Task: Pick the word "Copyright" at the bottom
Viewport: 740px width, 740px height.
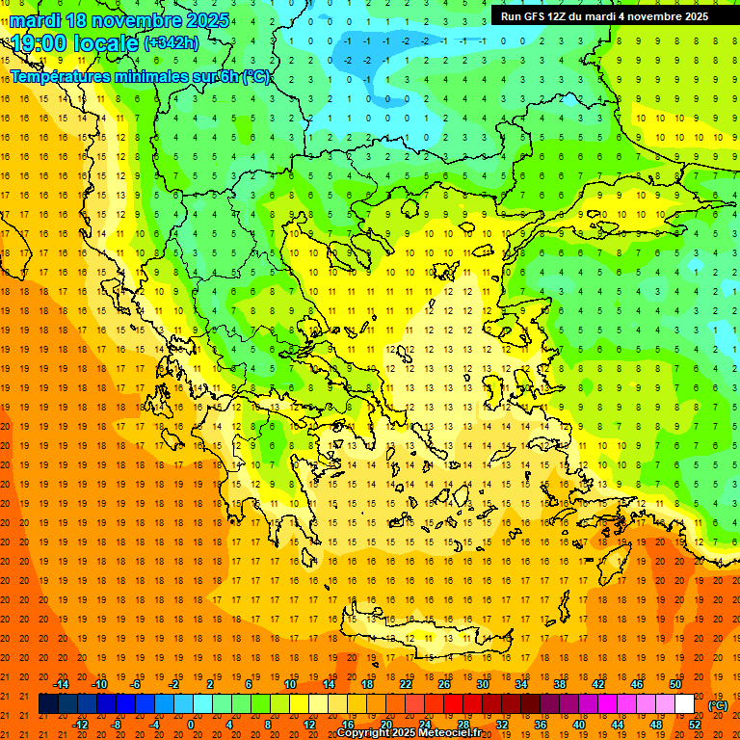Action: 362,733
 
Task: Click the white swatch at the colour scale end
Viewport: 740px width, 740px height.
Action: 684,704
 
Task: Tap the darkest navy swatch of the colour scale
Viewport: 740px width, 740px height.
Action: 48,704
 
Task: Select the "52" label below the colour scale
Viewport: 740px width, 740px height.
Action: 694,725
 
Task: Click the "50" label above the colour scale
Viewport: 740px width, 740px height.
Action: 674,684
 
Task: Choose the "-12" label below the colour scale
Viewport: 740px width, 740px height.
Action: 80,725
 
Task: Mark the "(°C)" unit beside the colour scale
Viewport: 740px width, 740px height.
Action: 718,704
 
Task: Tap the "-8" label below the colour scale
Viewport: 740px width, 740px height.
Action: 117,725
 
